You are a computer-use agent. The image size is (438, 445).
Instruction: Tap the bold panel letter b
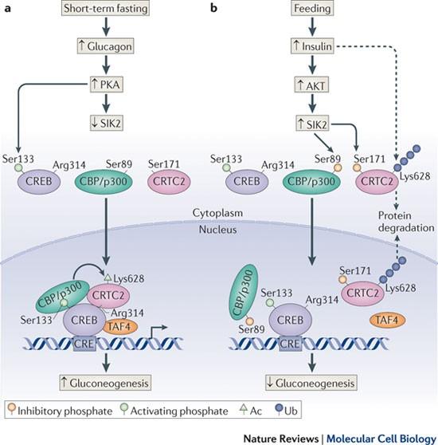coord(213,8)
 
